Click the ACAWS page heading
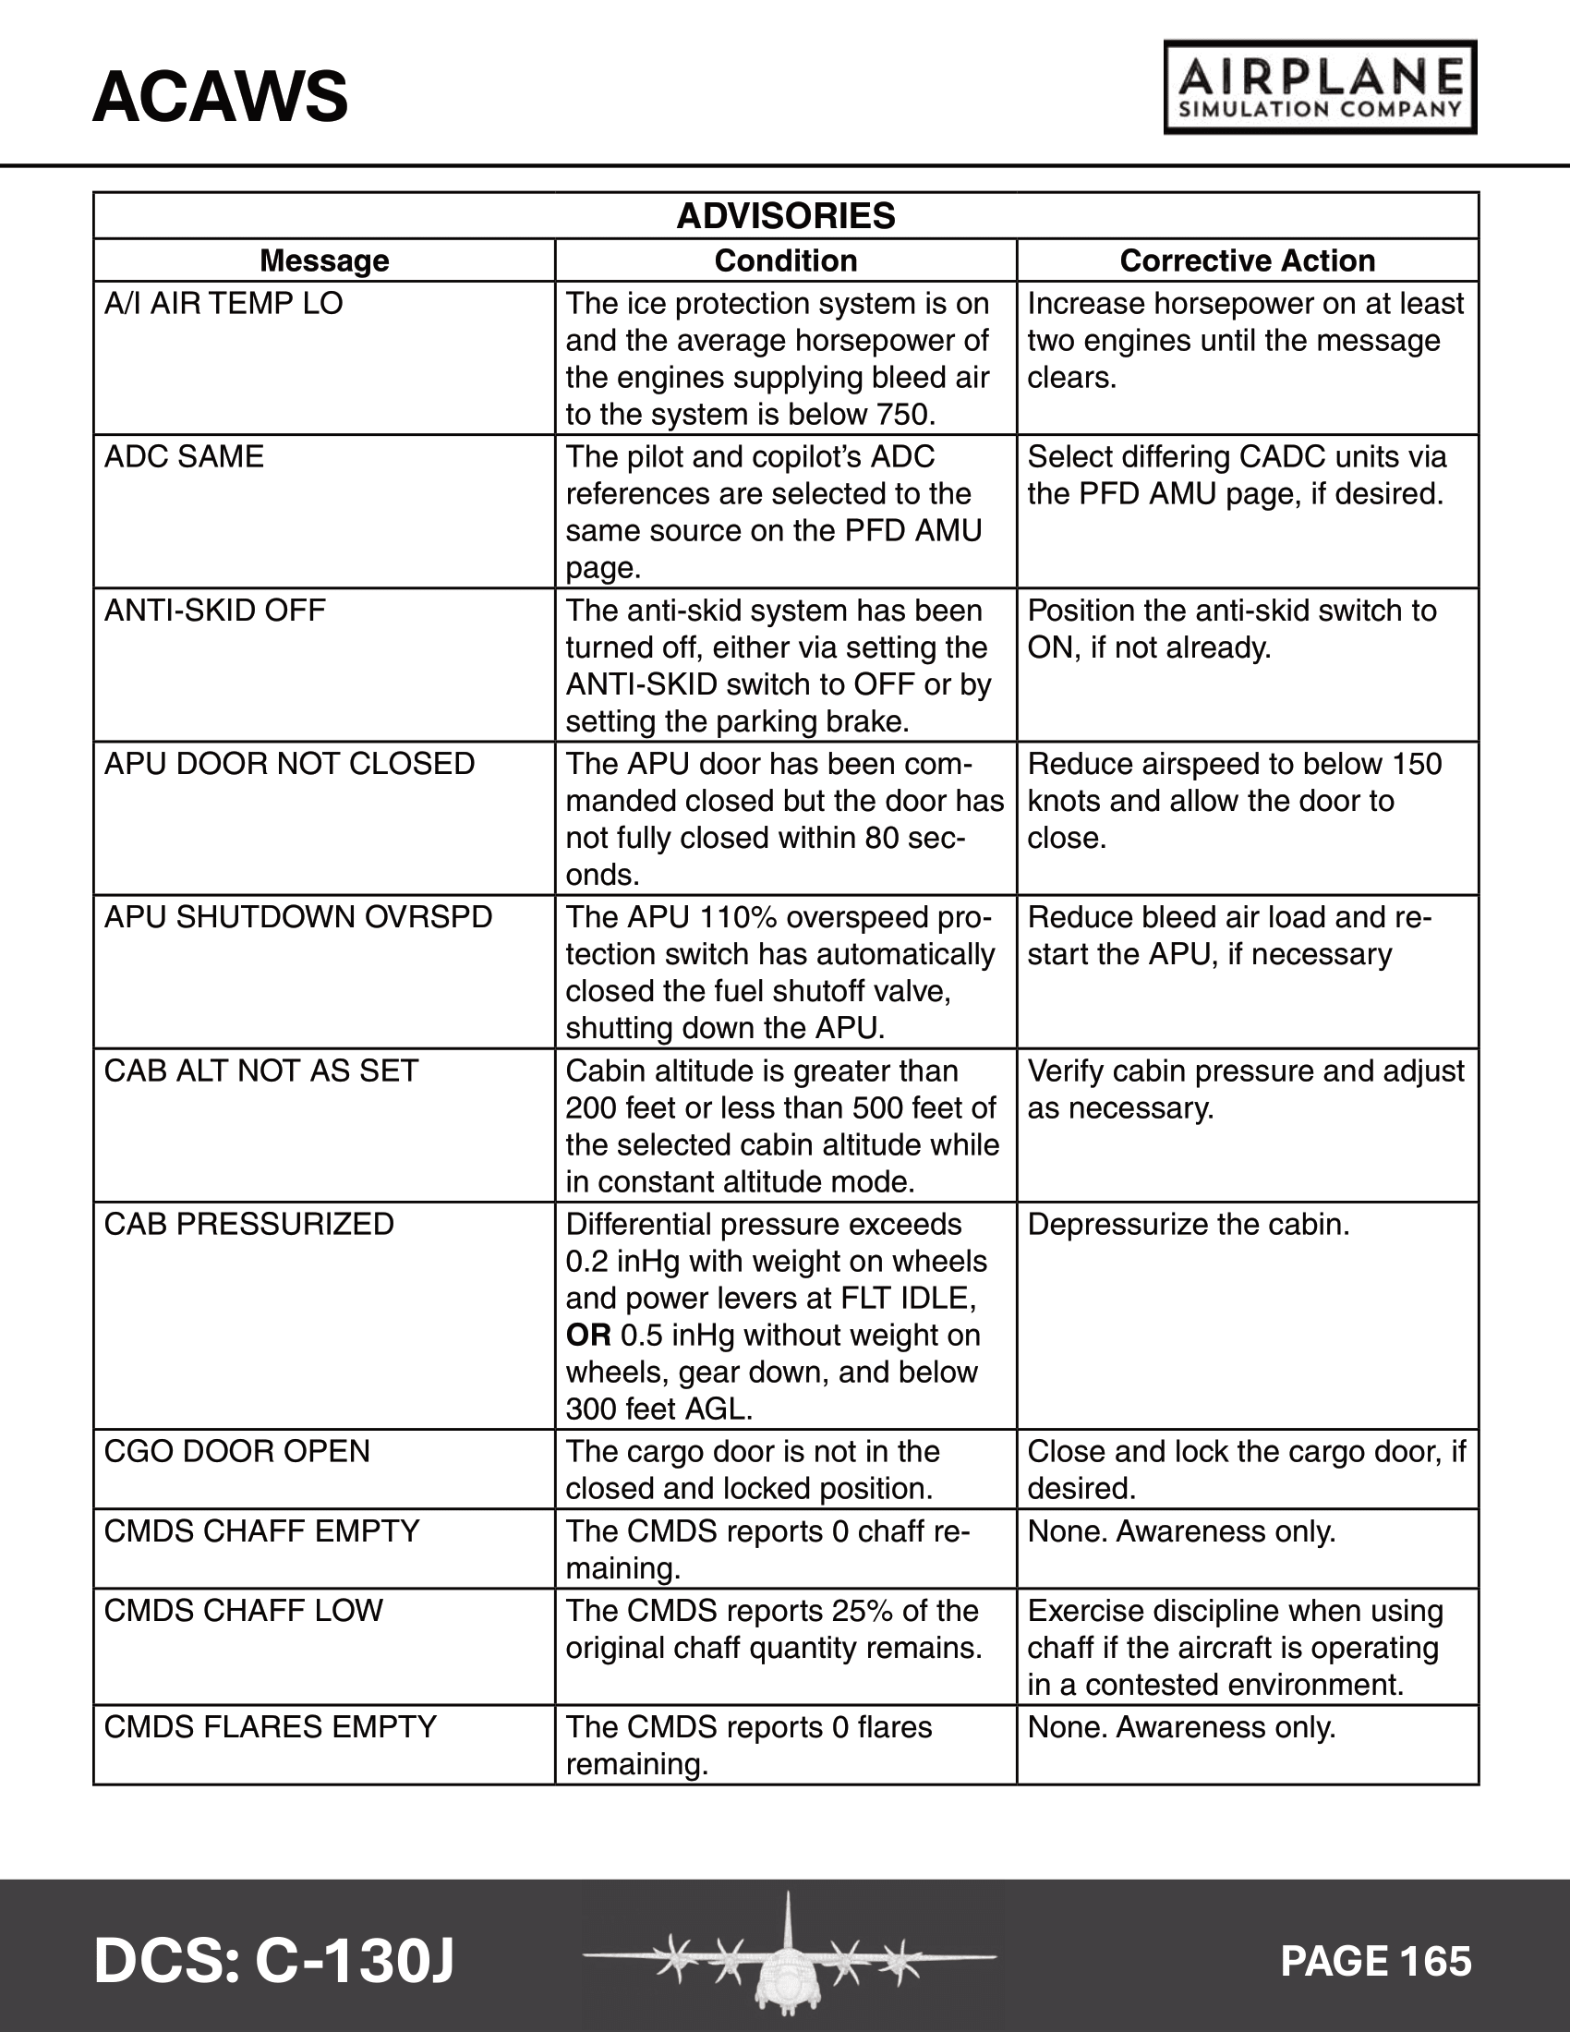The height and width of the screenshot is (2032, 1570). pyautogui.click(x=221, y=97)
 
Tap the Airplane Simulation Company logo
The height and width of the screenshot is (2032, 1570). pyautogui.click(x=1320, y=88)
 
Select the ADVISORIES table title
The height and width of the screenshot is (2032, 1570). pyautogui.click(x=785, y=216)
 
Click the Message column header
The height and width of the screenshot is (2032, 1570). pyautogui.click(x=323, y=260)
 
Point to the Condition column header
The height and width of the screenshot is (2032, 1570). pyautogui.click(x=785, y=260)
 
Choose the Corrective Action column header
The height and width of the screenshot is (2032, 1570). pyautogui.click(x=1247, y=260)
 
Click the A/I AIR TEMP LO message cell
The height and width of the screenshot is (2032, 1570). pyautogui.click(x=223, y=303)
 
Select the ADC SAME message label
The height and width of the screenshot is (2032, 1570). pyautogui.click(x=184, y=457)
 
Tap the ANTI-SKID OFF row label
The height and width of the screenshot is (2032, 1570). pyautogui.click(x=215, y=611)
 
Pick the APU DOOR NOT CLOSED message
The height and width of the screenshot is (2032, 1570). pyautogui.click(x=289, y=764)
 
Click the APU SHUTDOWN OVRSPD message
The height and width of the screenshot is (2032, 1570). pyautogui.click(x=297, y=917)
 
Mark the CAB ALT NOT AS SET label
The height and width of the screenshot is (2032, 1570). pyautogui.click(x=260, y=1070)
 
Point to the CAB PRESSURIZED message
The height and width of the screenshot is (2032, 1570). pyautogui.click(x=249, y=1225)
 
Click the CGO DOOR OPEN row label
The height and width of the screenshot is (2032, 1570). pyautogui.click(x=237, y=1451)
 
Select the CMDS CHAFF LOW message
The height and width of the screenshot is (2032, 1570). pyautogui.click(x=244, y=1611)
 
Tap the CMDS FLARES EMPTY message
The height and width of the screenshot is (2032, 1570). pyautogui.click(x=270, y=1727)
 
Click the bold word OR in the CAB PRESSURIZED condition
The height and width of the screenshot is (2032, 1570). pyautogui.click(x=587, y=1336)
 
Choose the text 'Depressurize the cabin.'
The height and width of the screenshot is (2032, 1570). pyautogui.click(x=1188, y=1225)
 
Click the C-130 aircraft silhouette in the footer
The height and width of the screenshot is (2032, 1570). pyautogui.click(x=789, y=1953)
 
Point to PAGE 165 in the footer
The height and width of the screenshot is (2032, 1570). pyautogui.click(x=1376, y=1961)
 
